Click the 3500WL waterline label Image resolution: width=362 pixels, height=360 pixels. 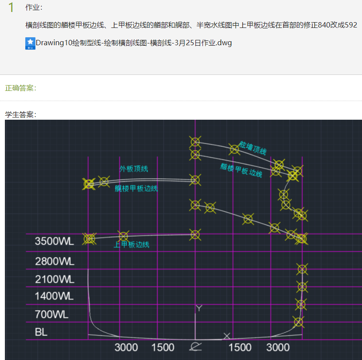(54, 242)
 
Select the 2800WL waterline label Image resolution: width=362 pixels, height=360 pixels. (54, 261)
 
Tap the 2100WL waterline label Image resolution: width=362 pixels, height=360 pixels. (54, 279)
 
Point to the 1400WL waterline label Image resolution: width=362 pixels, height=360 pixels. (54, 296)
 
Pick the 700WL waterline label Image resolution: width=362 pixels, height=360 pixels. (51, 315)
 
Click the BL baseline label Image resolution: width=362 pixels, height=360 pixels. (41, 332)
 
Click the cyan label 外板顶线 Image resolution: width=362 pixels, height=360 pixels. (133, 168)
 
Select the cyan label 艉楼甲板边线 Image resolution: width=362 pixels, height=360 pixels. (136, 188)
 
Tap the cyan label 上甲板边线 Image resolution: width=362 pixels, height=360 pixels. (131, 244)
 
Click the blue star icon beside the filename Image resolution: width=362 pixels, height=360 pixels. (30, 43)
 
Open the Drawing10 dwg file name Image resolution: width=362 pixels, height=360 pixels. (134, 43)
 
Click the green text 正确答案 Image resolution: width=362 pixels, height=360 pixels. (20, 88)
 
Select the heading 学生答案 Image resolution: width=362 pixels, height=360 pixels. (20, 114)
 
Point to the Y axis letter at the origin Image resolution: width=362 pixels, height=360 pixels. (199, 308)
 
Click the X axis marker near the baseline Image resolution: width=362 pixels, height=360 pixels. (227, 336)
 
